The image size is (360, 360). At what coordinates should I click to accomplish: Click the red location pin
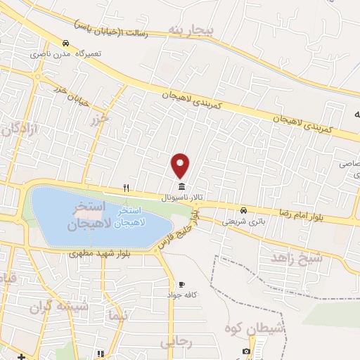[181, 165]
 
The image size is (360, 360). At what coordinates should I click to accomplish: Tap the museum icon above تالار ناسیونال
[182, 186]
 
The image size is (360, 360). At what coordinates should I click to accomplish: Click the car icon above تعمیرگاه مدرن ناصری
[66, 42]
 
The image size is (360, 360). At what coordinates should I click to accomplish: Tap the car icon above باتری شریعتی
[243, 210]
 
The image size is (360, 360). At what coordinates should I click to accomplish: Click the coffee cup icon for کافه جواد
[182, 284]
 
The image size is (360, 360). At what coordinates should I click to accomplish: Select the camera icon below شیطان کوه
[246, 351]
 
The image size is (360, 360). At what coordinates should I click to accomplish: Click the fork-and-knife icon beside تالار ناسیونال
[126, 187]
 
